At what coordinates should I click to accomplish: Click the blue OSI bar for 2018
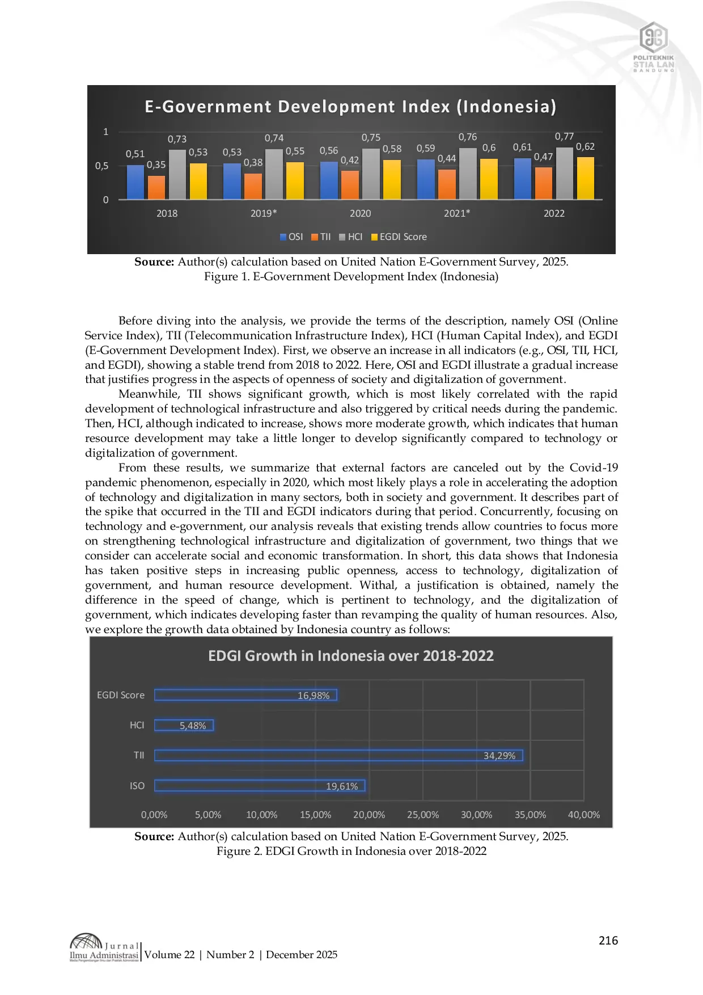(135, 182)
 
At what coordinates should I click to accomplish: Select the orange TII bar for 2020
(350, 185)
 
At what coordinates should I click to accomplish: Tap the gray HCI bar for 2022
(564, 174)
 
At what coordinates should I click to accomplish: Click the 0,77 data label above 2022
(564, 136)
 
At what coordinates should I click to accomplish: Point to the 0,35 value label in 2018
(156, 165)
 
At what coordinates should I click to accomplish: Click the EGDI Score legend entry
(399, 237)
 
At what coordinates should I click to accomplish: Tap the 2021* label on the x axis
(456, 213)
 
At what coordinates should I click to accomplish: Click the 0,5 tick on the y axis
(101, 166)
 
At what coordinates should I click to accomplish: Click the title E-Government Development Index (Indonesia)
(350, 107)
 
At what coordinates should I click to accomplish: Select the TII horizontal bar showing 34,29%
(338, 756)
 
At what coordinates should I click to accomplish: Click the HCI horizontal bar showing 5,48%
(184, 726)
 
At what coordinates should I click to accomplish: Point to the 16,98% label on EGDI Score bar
(314, 695)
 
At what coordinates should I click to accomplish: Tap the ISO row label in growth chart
(137, 786)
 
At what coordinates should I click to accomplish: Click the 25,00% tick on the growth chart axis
(423, 815)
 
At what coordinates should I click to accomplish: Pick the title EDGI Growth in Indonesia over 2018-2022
(351, 656)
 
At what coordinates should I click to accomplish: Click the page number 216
(608, 941)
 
